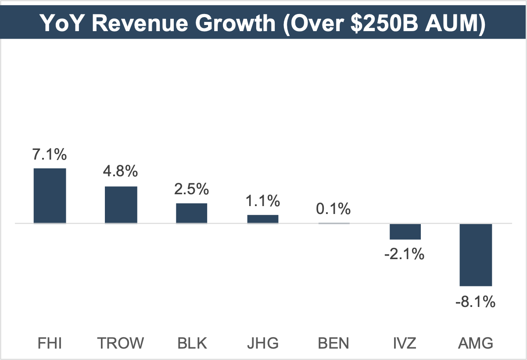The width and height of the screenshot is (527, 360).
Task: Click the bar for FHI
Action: (x=50, y=196)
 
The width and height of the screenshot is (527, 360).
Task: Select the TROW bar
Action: (x=121, y=205)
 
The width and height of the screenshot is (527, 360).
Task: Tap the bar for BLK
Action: (x=192, y=213)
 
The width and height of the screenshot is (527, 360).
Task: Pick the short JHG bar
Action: (x=263, y=219)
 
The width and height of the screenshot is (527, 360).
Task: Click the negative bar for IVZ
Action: (x=405, y=232)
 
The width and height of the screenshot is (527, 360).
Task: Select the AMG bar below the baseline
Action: (x=476, y=255)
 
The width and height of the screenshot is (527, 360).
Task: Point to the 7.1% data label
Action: (x=50, y=155)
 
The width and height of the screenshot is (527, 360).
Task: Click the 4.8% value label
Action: (x=121, y=172)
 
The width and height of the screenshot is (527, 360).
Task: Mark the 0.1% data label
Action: (x=334, y=209)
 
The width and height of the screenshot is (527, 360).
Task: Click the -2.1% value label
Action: (x=405, y=253)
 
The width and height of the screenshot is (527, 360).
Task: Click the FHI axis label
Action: (x=50, y=342)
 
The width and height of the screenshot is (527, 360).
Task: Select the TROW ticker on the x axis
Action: (x=121, y=342)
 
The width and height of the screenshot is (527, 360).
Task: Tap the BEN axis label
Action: (x=334, y=342)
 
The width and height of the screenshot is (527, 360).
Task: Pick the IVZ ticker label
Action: (x=405, y=342)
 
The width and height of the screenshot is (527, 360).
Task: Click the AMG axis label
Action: (x=476, y=342)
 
